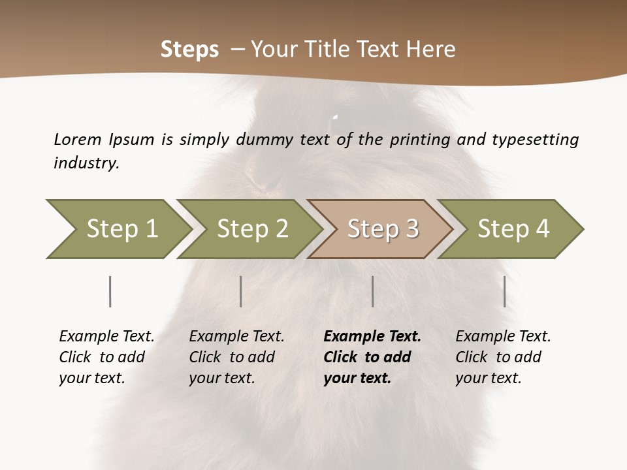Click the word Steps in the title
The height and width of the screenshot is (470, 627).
click(189, 50)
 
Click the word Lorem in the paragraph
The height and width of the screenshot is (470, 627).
click(78, 139)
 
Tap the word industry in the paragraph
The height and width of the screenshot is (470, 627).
click(86, 163)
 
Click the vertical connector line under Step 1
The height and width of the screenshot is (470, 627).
click(110, 291)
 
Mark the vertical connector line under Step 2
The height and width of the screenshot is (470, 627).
click(241, 291)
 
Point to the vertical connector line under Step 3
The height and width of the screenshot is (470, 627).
click(373, 291)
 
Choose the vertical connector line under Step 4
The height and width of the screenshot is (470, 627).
click(505, 291)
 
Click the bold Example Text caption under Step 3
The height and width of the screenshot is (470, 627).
click(372, 356)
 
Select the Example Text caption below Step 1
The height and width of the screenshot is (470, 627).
click(106, 356)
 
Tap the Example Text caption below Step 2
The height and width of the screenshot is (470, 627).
click(236, 356)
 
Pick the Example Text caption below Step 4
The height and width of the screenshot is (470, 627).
click(503, 356)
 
